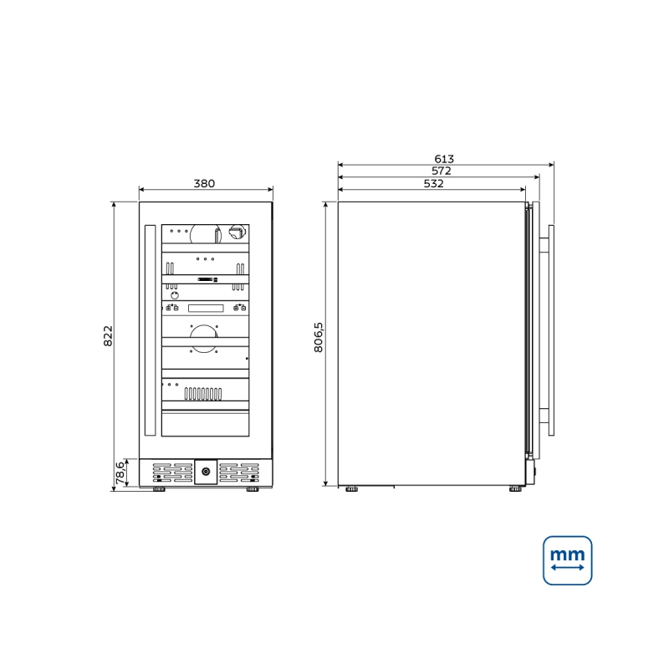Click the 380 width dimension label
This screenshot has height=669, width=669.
pyautogui.click(x=204, y=183)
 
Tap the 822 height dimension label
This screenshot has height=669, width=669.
pyautogui.click(x=109, y=336)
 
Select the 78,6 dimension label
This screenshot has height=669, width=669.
pyautogui.click(x=120, y=472)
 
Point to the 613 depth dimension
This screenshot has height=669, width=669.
pyautogui.click(x=444, y=159)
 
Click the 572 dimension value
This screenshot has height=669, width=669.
pyautogui.click(x=442, y=171)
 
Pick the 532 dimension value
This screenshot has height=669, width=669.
pyautogui.click(x=433, y=183)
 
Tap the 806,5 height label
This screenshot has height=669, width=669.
pyautogui.click(x=319, y=337)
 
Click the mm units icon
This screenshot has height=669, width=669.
pyautogui.click(x=568, y=560)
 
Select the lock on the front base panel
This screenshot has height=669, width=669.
pyautogui.click(x=206, y=472)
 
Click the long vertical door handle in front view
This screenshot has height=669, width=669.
pyautogui.click(x=151, y=330)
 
